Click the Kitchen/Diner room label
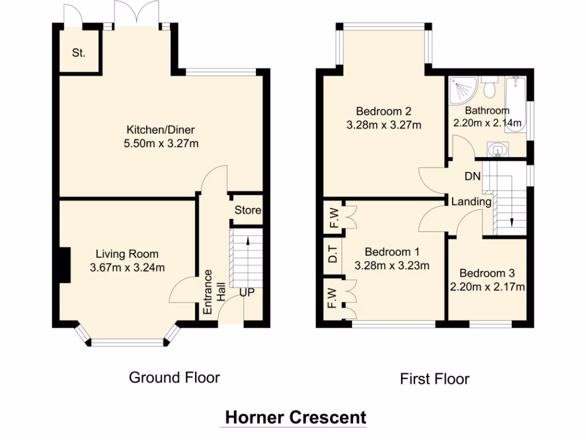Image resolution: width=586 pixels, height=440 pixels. tap(161, 130)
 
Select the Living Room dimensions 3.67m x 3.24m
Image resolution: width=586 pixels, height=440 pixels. tap(127, 268)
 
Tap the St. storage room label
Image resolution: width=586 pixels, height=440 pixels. tap(78, 53)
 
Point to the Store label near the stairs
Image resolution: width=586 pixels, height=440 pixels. tap(247, 210)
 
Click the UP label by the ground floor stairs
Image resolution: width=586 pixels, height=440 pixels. tap(247, 292)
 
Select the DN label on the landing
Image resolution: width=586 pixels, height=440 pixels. tap(472, 176)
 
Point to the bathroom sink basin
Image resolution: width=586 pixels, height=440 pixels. tap(497, 150)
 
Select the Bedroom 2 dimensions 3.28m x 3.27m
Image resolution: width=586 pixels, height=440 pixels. tap(384, 125)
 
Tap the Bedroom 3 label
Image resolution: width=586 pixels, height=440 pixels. tap(487, 273)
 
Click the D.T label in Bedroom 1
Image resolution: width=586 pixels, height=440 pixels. tap(332, 254)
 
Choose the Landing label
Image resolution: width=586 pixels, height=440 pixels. tap(472, 202)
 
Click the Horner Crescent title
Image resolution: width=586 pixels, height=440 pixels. tap(296, 417)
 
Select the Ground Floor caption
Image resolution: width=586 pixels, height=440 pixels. tap(174, 378)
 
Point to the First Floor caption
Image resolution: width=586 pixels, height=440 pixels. tap(435, 379)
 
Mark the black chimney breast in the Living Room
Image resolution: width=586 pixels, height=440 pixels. tap(65, 265)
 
